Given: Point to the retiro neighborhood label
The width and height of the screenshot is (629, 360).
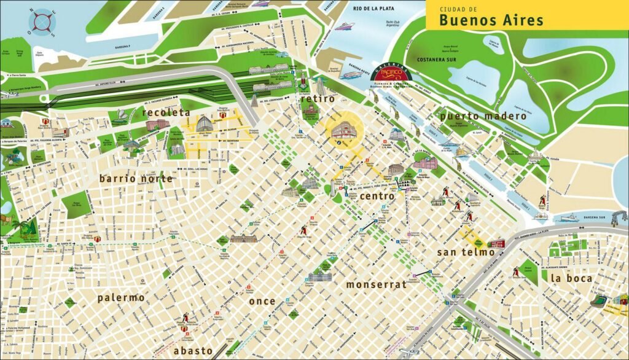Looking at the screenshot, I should tap(318, 98).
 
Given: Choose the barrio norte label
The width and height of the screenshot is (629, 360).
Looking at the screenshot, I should tap(136, 179).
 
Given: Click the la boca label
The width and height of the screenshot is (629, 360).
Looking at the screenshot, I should tap(571, 278).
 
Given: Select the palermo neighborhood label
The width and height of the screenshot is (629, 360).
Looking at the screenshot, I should tap(121, 297).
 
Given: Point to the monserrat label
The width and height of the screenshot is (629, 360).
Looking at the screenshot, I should tap(376, 284).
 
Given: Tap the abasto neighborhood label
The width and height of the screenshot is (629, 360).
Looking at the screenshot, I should tap(193, 350).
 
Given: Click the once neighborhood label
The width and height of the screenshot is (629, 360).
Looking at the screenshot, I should tap(262, 301).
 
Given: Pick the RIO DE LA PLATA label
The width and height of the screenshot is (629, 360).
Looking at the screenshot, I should tap(375, 8).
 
